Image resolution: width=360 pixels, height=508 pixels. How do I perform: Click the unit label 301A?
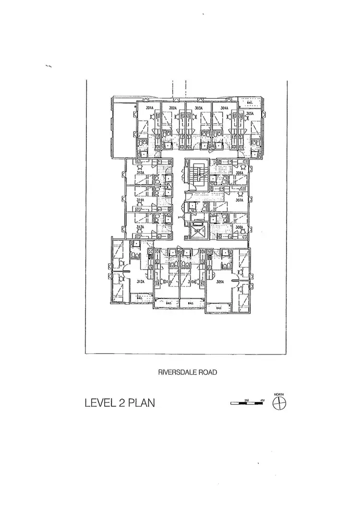click(x=149, y=108)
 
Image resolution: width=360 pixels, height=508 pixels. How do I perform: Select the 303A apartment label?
click(x=199, y=108)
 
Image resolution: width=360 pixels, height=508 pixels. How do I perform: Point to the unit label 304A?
click(x=224, y=108)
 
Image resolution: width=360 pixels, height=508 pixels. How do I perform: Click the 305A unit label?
click(x=250, y=114)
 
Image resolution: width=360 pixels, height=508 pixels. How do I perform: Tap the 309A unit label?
click(x=221, y=282)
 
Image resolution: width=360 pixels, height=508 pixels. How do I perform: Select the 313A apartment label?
click(x=140, y=227)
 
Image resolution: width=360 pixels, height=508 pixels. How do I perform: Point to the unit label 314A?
click(x=140, y=200)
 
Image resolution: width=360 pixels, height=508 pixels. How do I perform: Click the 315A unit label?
click(x=140, y=173)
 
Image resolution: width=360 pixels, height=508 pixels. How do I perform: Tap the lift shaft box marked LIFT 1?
click(x=197, y=231)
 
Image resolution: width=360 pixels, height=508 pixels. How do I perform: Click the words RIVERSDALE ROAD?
click(x=186, y=371)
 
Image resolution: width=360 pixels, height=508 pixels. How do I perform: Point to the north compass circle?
click(x=279, y=404)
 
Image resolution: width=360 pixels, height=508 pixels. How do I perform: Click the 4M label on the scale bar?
click(x=262, y=400)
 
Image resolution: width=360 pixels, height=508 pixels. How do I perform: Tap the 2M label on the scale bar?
click(x=247, y=400)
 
